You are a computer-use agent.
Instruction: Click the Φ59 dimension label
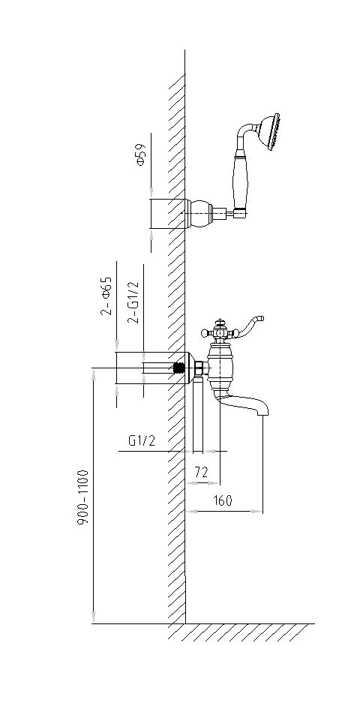point(140,155)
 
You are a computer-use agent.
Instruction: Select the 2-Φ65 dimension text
point(106,296)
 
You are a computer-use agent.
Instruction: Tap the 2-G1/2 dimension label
point(133,302)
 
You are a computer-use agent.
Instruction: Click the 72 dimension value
point(201,472)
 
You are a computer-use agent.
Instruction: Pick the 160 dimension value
point(222,500)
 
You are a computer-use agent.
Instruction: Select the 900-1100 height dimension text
point(82,497)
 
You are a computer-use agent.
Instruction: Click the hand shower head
point(268,131)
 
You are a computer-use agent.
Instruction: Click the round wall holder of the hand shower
point(200,212)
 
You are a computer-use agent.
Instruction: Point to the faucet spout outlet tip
point(263,414)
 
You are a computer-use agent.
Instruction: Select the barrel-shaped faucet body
point(220,367)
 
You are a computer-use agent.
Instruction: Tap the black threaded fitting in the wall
point(181,368)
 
